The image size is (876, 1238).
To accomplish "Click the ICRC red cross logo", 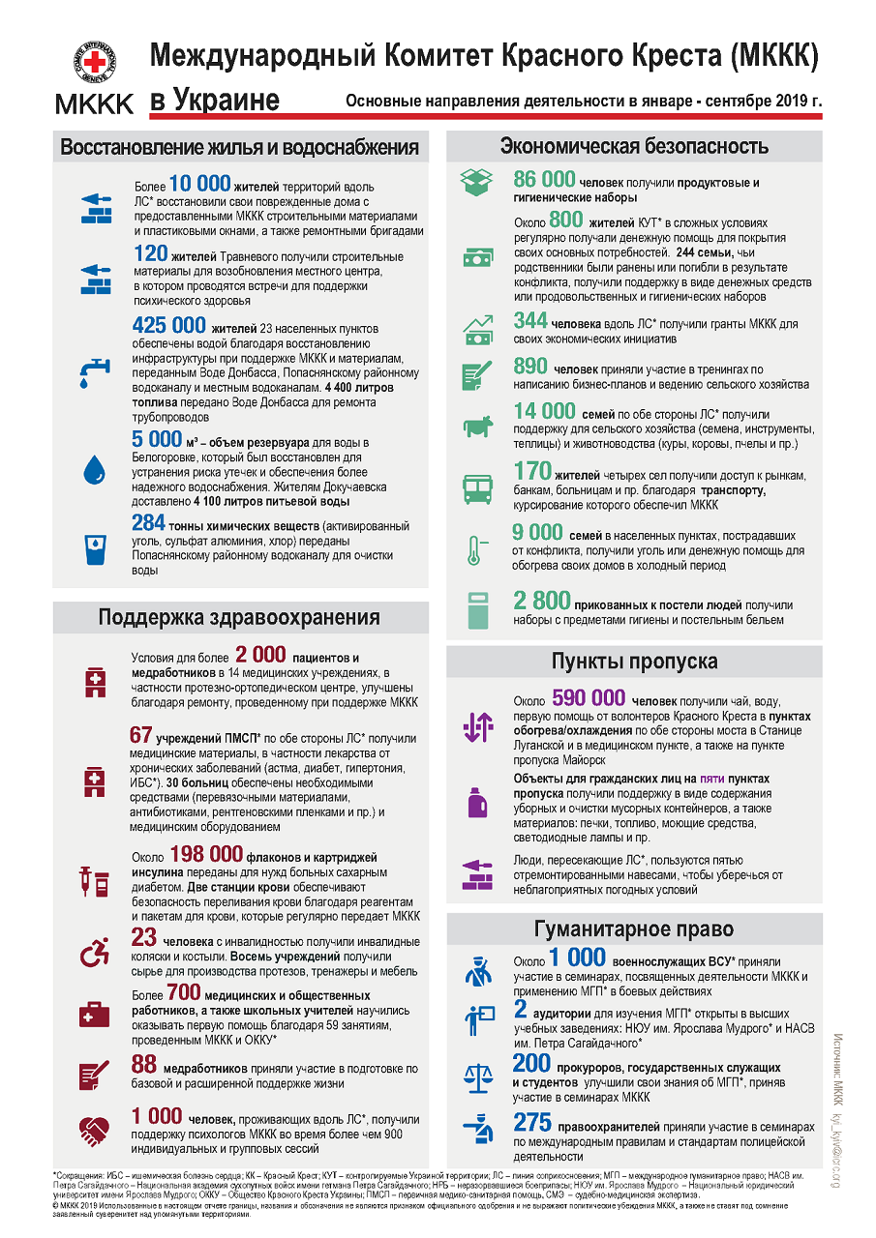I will point(95,63).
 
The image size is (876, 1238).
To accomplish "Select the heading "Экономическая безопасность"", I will point(634,146).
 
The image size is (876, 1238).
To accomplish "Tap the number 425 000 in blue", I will point(169,326).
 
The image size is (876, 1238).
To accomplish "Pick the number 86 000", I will point(544,180).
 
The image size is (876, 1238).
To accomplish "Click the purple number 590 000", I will point(589,698).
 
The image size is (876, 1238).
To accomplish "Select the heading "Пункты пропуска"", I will point(634,662).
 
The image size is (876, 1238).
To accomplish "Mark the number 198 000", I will point(205,854).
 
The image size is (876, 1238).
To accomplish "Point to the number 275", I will point(532,1123).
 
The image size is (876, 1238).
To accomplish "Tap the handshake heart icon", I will point(95,1129).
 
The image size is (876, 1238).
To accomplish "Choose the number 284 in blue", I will point(149,523).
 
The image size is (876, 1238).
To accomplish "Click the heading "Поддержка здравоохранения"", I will point(239,618).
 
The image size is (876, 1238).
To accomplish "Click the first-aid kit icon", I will point(95,1014).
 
